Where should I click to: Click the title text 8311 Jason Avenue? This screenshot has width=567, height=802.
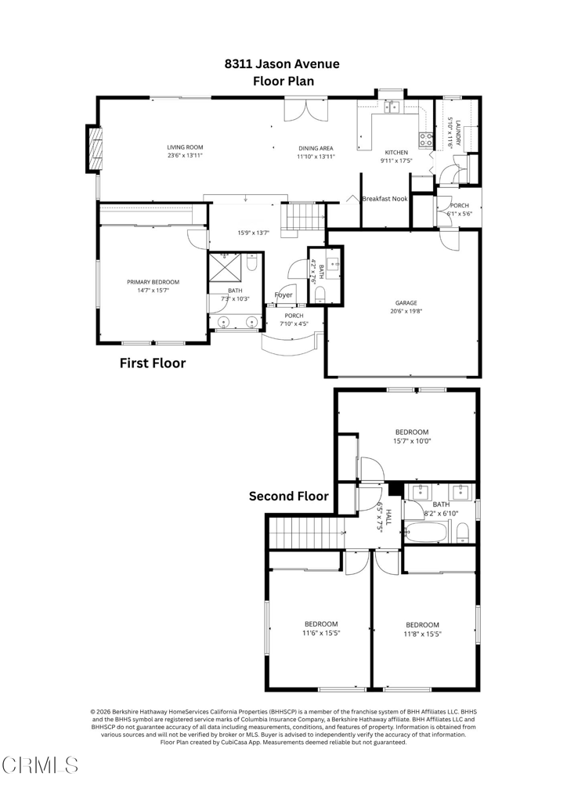pyautogui.click(x=282, y=64)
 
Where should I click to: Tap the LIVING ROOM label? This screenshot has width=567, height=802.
pyautogui.click(x=185, y=147)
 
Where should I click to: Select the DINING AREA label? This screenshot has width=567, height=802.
pyautogui.click(x=316, y=148)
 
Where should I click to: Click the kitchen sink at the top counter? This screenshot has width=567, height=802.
pyautogui.click(x=392, y=107)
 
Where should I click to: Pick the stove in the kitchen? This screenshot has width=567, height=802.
pyautogui.click(x=425, y=140)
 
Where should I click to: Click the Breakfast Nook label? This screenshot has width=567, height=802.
pyautogui.click(x=385, y=198)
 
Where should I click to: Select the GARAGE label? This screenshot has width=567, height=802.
pyautogui.click(x=406, y=303)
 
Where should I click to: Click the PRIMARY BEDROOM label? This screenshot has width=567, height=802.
pyautogui.click(x=153, y=282)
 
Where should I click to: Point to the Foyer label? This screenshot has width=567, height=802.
pyautogui.click(x=283, y=294)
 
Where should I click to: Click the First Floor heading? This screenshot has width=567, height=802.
pyautogui.click(x=153, y=363)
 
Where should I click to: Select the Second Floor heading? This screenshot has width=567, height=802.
pyautogui.click(x=289, y=496)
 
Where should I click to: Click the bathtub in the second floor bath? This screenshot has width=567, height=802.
pyautogui.click(x=427, y=533)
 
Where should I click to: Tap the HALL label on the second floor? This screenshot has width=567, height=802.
pyautogui.click(x=388, y=517)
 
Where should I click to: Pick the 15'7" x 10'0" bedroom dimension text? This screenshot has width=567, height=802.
pyautogui.click(x=412, y=441)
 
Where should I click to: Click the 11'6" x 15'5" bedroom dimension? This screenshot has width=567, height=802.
pyautogui.click(x=321, y=633)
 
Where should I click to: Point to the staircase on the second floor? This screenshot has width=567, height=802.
pyautogui.click(x=305, y=532)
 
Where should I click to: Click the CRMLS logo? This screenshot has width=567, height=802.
pyautogui.click(x=40, y=765)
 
